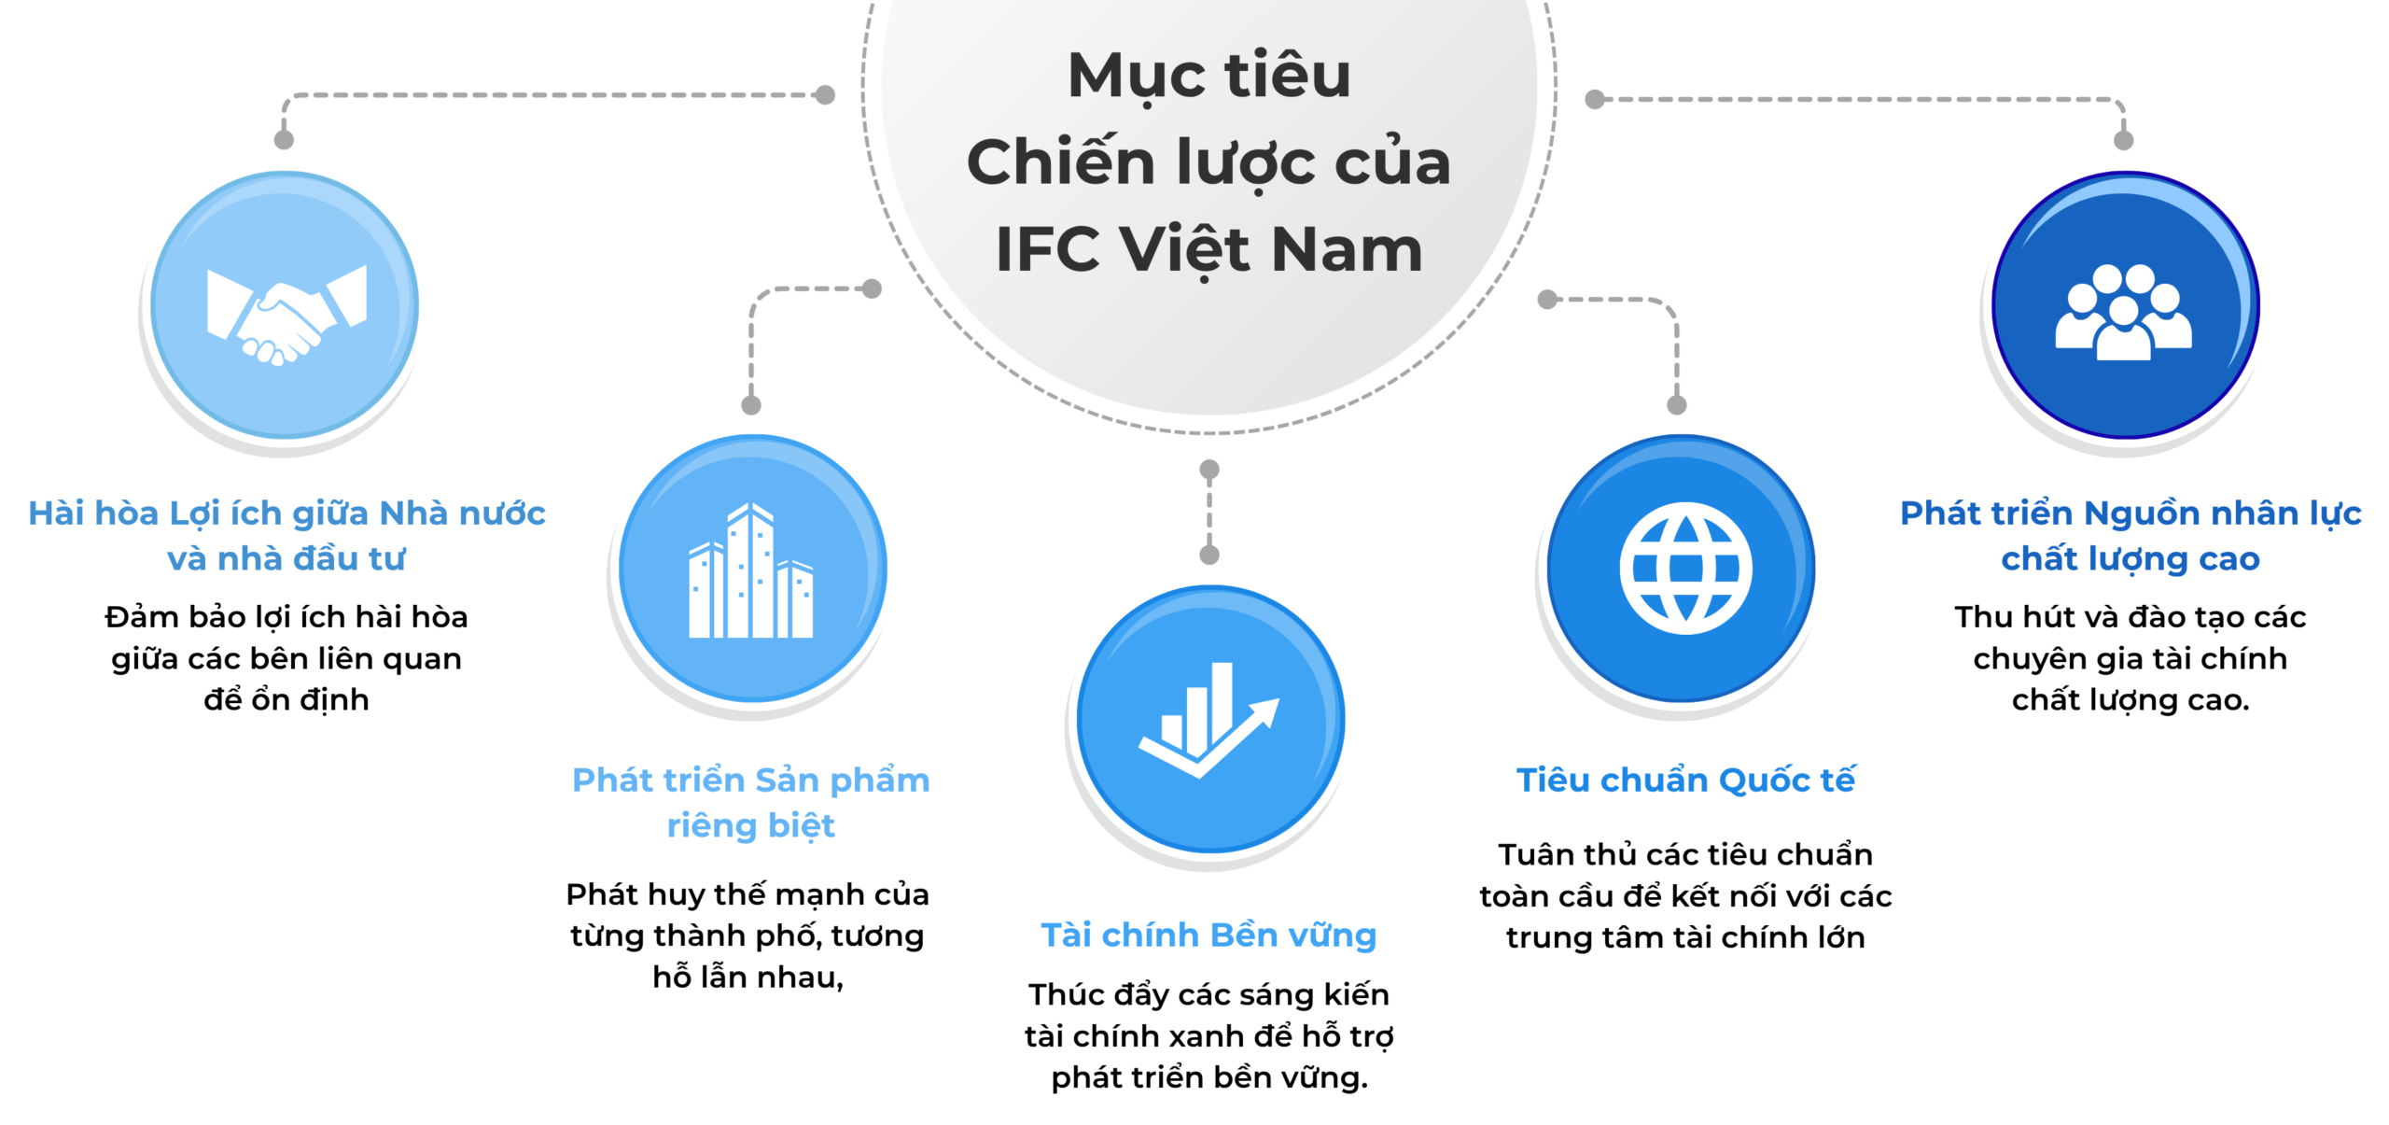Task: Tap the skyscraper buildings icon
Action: click(x=751, y=570)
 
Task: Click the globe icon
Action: click(x=1685, y=568)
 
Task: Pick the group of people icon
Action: click(x=2124, y=312)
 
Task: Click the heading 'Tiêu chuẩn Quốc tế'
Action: click(x=1685, y=780)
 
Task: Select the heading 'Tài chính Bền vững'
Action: click(x=1208, y=935)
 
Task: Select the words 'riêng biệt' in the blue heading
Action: click(x=751, y=826)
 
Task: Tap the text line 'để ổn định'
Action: click(x=286, y=699)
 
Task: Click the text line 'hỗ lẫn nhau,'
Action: click(x=748, y=977)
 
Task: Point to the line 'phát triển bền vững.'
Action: click(x=1209, y=1077)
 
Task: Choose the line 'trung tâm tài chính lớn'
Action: click(x=1685, y=936)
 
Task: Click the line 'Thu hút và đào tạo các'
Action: click(x=2131, y=616)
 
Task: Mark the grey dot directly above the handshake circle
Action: click(x=285, y=140)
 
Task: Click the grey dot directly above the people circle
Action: click(x=2124, y=140)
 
